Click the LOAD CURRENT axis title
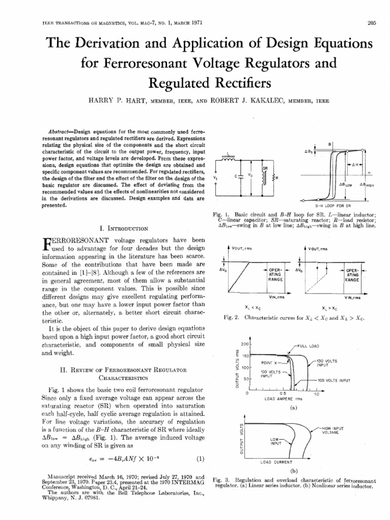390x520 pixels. (x=276, y=462)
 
